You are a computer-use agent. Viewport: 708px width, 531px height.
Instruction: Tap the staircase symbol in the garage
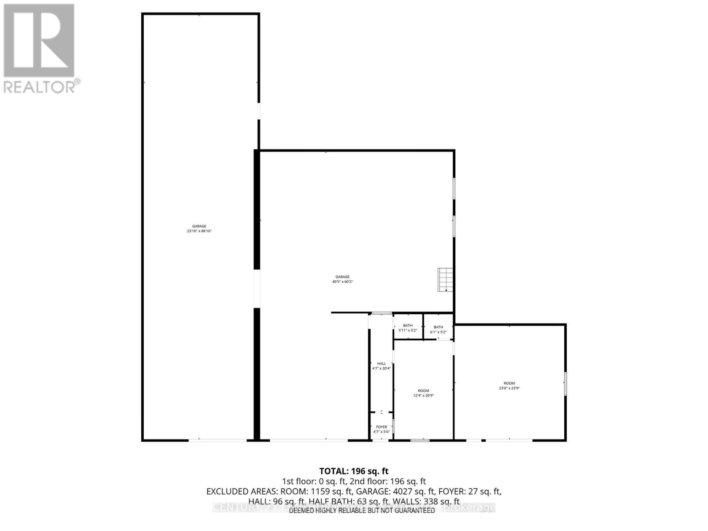(x=446, y=280)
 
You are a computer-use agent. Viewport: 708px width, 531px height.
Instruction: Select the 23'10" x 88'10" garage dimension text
(x=199, y=231)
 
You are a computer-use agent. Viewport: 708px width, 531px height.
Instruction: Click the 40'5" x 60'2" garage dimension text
(x=342, y=281)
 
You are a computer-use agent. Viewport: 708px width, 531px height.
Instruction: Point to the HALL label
(x=381, y=364)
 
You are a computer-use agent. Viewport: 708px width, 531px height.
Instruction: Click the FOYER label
(x=381, y=427)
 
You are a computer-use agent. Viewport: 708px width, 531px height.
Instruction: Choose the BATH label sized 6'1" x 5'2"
(x=438, y=327)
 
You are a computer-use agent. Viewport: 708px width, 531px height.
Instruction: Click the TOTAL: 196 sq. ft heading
(x=354, y=471)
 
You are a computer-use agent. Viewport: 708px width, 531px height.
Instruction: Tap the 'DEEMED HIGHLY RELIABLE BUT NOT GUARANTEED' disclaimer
(x=362, y=510)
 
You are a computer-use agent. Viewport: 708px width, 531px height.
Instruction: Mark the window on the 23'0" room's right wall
(x=566, y=383)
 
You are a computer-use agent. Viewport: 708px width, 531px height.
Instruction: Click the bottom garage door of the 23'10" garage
(x=218, y=440)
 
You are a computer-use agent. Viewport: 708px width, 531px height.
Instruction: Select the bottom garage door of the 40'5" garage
(x=308, y=440)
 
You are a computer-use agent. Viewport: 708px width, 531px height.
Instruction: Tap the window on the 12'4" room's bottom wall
(x=420, y=440)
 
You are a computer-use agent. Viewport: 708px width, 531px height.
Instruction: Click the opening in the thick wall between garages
(x=257, y=289)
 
